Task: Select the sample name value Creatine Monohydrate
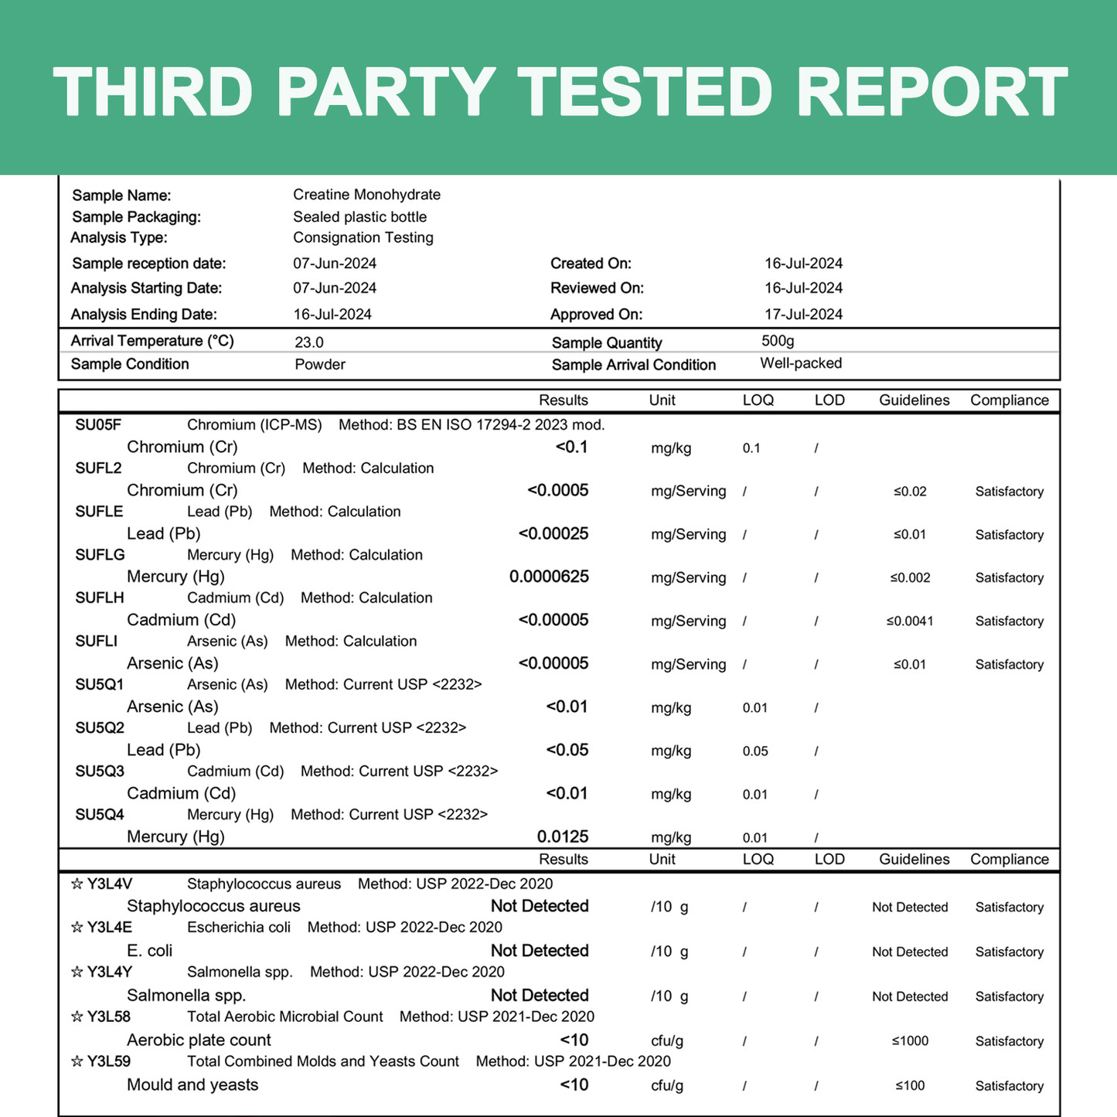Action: tap(366, 195)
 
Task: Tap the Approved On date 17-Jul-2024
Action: tap(803, 315)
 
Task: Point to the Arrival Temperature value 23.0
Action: tap(309, 342)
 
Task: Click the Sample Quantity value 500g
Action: tap(777, 341)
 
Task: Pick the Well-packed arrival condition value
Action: tap(801, 363)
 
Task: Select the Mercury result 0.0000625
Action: tap(549, 577)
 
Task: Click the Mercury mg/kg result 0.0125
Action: tap(563, 836)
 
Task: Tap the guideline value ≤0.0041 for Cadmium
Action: tap(910, 622)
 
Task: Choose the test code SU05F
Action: tap(98, 424)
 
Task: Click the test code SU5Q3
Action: tap(100, 771)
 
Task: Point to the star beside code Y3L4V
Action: tap(77, 884)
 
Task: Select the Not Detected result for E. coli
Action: tap(540, 951)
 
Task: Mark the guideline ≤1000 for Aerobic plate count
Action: tap(910, 1041)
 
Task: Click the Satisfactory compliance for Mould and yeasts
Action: tap(1009, 1086)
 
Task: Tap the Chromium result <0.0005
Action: tap(557, 490)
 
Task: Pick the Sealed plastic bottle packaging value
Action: tap(359, 217)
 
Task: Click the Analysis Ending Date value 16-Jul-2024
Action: tap(332, 315)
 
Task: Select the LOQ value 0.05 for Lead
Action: tap(755, 751)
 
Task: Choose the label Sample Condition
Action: tap(130, 364)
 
